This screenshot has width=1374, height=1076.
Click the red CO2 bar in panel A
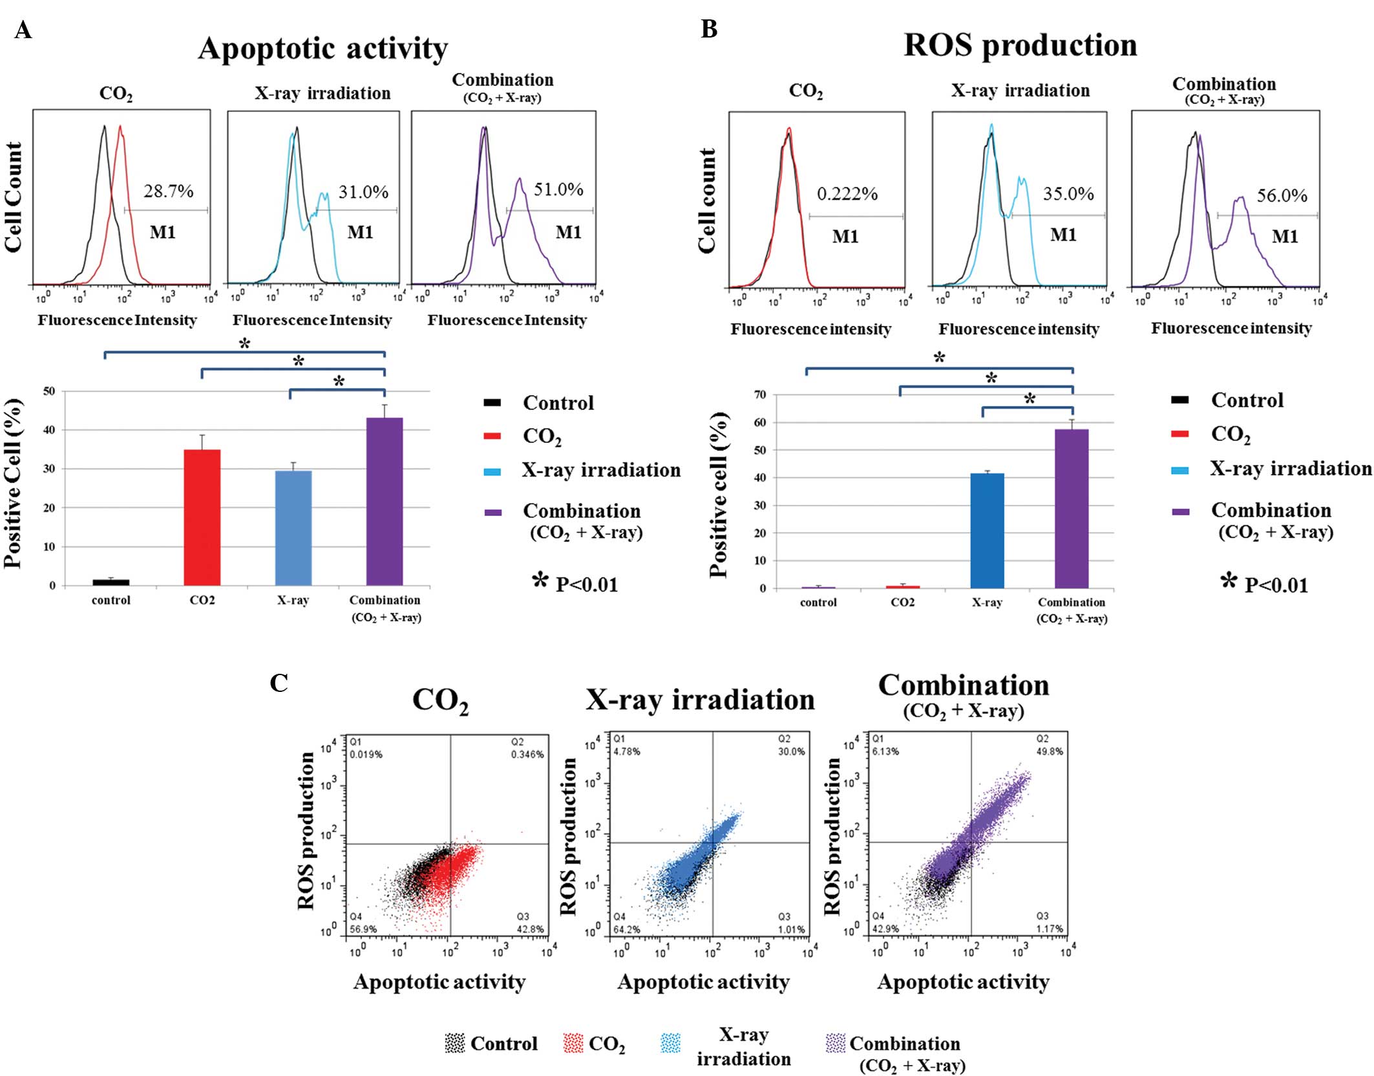pyautogui.click(x=202, y=517)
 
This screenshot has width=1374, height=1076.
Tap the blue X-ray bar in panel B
pyautogui.click(x=987, y=531)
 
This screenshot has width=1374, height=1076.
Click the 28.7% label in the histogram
pyautogui.click(x=168, y=191)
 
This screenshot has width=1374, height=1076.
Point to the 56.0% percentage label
pyautogui.click(x=1282, y=196)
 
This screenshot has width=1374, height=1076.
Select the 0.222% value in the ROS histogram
pyautogui.click(x=847, y=194)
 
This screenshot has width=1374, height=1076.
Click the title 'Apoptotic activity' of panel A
pyautogui.click(x=322, y=48)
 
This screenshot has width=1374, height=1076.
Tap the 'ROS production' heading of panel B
pyautogui.click(x=1020, y=45)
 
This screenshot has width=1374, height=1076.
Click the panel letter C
pyautogui.click(x=279, y=683)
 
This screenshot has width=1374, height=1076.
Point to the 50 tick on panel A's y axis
pyautogui.click(x=49, y=391)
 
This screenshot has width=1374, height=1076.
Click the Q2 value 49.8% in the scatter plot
pyautogui.click(x=1050, y=751)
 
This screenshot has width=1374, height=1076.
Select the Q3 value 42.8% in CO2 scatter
pyautogui.click(x=530, y=929)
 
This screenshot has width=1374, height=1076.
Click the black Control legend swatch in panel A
pyautogui.click(x=492, y=403)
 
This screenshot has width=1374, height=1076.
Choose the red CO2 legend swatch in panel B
pyautogui.click(x=1180, y=434)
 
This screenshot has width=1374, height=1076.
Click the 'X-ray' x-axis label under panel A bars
pyautogui.click(x=293, y=600)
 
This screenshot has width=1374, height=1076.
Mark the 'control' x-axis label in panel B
pyautogui.click(x=818, y=602)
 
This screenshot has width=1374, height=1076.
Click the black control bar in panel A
pyautogui.click(x=111, y=582)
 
